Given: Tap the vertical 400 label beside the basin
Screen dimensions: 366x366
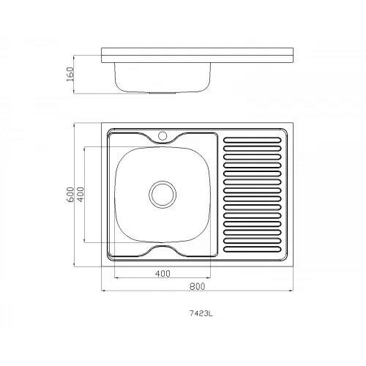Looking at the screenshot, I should pyautogui.click(x=81, y=194).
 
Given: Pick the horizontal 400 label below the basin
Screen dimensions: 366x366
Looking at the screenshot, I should pyautogui.click(x=163, y=273).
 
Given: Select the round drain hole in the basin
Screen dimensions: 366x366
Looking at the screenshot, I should pyautogui.click(x=163, y=194).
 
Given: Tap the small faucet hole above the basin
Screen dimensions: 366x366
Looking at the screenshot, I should pyautogui.click(x=163, y=135).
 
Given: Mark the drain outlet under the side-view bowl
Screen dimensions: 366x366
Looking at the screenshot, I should pyautogui.click(x=163, y=94).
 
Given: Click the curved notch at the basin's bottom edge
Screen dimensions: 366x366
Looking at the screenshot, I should pyautogui.click(x=163, y=251).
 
